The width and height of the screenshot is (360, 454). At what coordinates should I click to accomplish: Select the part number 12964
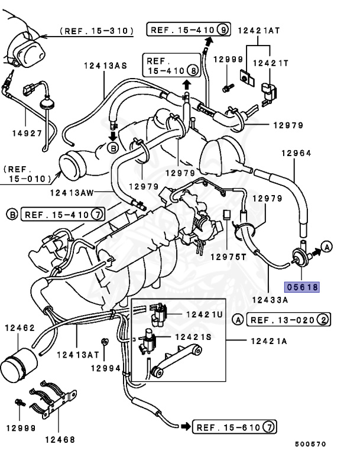click(296, 153)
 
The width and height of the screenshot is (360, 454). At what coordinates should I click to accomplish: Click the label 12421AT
click(258, 30)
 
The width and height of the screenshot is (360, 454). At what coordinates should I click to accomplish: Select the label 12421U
click(203, 314)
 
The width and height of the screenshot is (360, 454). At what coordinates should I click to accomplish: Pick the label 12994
click(105, 368)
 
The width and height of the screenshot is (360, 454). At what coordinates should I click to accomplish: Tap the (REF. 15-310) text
click(97, 30)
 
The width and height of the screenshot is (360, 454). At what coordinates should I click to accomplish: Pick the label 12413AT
click(77, 355)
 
